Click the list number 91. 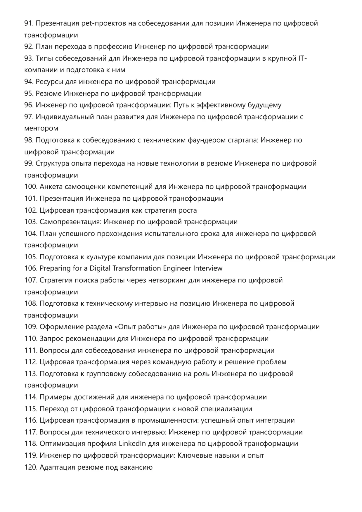(x=29, y=23)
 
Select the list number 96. (x=29, y=105)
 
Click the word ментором (x=41, y=128)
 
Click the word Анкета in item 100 (x=51, y=187)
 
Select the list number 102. (x=31, y=210)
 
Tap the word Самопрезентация (x=70, y=222)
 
